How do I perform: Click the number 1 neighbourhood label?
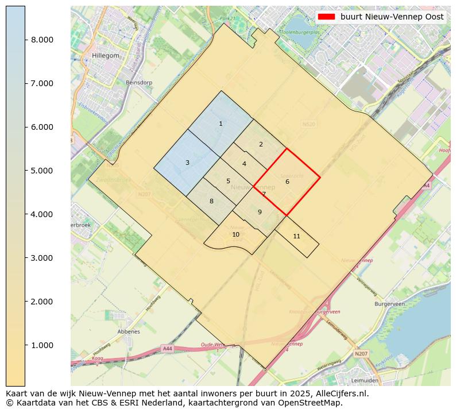(x=221, y=123)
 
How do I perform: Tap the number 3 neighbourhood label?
(x=187, y=163)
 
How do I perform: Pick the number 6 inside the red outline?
(x=287, y=182)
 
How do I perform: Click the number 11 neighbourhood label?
(x=296, y=236)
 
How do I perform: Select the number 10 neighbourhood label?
(x=235, y=234)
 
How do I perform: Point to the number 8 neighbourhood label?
(x=211, y=201)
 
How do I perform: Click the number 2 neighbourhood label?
(x=261, y=144)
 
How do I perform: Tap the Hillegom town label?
(x=105, y=56)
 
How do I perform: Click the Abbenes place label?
(x=128, y=331)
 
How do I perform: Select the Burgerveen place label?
(x=390, y=304)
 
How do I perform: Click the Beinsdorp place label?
(x=139, y=83)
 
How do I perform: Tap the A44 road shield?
(x=167, y=349)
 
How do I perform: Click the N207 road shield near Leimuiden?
(x=361, y=354)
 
